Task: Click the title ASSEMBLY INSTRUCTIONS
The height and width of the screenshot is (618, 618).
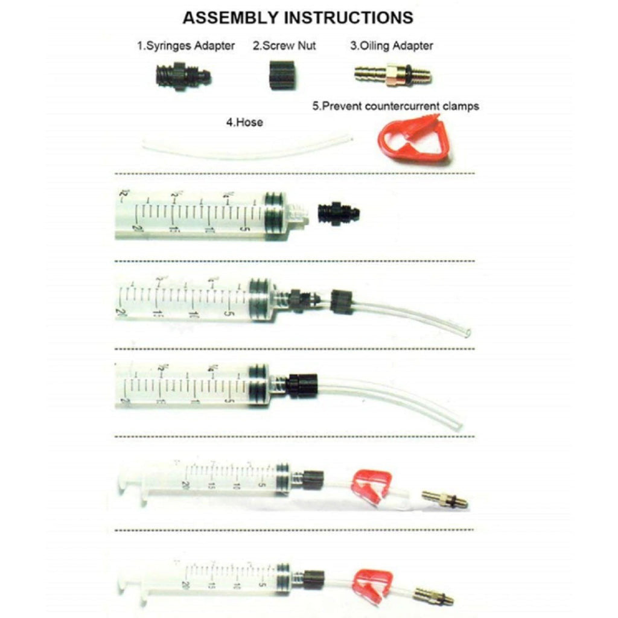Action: [298, 17]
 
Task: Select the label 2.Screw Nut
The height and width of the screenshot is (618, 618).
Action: [284, 46]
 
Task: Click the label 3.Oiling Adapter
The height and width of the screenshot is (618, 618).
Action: [392, 46]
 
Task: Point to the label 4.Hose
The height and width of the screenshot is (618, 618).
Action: [244, 123]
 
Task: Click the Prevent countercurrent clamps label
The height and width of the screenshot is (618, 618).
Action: [395, 106]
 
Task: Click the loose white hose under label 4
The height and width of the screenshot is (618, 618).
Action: [247, 148]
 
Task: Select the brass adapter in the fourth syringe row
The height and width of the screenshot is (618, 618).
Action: [444, 499]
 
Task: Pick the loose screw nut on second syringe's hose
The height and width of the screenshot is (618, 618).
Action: [340, 301]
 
